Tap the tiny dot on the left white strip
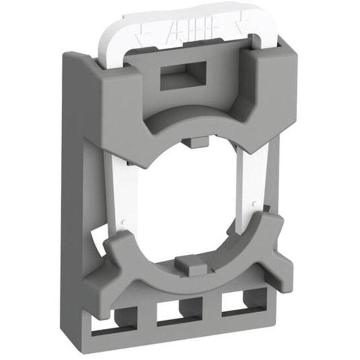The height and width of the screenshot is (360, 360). [x=124, y=220]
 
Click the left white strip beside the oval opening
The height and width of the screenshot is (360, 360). [x=118, y=189]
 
